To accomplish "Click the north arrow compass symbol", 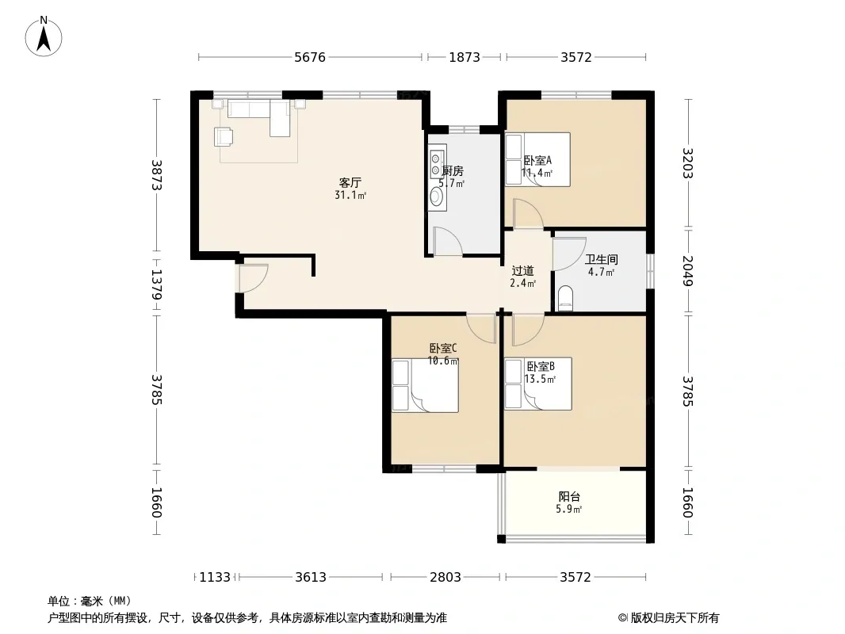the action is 44,36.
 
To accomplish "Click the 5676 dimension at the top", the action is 310,57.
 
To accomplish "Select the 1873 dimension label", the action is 465,57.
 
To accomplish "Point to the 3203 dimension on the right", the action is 687,162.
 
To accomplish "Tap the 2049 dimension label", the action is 687,270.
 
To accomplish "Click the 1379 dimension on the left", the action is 156,285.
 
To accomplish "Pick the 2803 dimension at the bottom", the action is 445,578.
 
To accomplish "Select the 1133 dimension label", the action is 215,578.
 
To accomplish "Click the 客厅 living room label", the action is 350,183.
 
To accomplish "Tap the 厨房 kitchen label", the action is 453,171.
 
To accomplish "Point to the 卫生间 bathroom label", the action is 602,260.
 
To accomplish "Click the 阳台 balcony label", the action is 569,497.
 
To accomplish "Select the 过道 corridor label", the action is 522,271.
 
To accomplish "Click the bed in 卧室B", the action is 537,384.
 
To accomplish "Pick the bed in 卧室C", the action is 425,386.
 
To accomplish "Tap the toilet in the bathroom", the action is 564,299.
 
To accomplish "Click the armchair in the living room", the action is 224,136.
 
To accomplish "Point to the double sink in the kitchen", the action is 437,161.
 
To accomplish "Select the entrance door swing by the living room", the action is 254,278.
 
